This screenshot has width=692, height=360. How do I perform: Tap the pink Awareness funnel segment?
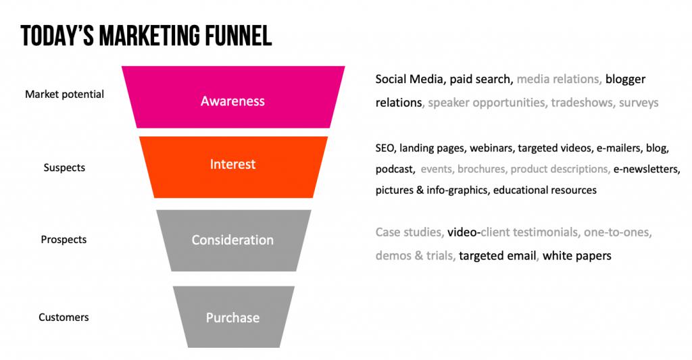click(233, 97)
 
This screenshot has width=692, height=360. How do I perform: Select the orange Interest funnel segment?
click(233, 167)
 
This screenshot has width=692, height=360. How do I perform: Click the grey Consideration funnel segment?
click(233, 240)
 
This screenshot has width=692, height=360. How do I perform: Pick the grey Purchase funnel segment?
click(233, 317)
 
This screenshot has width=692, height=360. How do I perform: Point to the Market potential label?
click(64, 95)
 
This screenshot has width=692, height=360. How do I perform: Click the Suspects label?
click(64, 168)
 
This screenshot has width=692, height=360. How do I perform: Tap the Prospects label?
click(64, 240)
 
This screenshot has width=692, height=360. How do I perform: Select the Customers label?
click(64, 317)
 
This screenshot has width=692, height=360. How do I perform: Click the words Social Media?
click(409, 80)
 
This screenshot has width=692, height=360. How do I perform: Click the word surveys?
click(639, 103)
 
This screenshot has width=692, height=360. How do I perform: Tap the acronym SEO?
click(385, 148)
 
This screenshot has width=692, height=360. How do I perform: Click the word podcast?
click(395, 170)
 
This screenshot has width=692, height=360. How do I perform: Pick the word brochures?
click(481, 170)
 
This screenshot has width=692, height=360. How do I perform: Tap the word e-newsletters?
click(645, 170)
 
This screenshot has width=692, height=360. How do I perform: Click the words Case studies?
click(409, 232)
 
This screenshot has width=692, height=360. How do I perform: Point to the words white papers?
click(577, 257)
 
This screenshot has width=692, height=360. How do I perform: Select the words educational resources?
click(545, 190)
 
